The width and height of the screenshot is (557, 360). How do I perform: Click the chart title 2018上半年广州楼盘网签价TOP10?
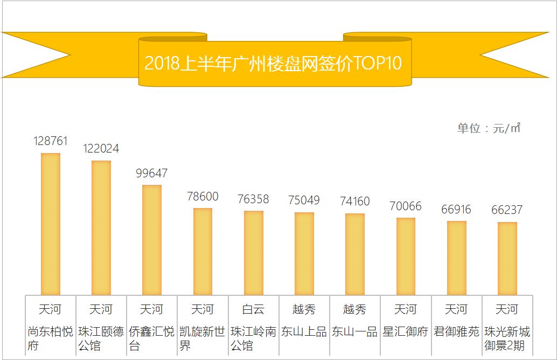click(273, 63)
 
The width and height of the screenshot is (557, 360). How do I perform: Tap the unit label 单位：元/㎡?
click(489, 128)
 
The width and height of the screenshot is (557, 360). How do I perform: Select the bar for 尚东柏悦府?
click(51, 224)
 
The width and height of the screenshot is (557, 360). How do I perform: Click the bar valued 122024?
click(101, 227)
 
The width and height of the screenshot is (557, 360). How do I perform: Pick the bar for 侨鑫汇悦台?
click(152, 240)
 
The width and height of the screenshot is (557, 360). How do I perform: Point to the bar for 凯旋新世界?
click(203, 251)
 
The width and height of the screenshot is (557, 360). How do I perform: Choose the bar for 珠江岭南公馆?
click(253, 253)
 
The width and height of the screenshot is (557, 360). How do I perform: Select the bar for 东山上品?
click(304, 253)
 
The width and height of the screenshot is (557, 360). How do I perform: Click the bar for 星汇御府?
click(406, 256)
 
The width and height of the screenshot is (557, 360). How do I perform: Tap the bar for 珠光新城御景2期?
click(507, 258)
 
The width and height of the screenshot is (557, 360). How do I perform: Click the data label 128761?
click(51, 141)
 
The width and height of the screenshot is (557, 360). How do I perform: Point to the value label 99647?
click(152, 174)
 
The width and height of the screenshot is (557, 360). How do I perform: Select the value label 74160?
click(355, 202)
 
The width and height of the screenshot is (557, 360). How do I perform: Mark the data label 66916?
click(456, 209)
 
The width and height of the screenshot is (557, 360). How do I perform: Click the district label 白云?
click(253, 309)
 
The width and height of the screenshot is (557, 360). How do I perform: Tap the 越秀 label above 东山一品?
click(355, 309)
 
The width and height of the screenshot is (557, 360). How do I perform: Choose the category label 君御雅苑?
click(456, 331)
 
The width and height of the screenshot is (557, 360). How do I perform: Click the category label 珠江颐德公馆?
click(101, 338)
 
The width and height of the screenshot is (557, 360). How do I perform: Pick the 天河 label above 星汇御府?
click(406, 309)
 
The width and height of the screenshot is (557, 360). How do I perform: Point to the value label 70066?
click(406, 206)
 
